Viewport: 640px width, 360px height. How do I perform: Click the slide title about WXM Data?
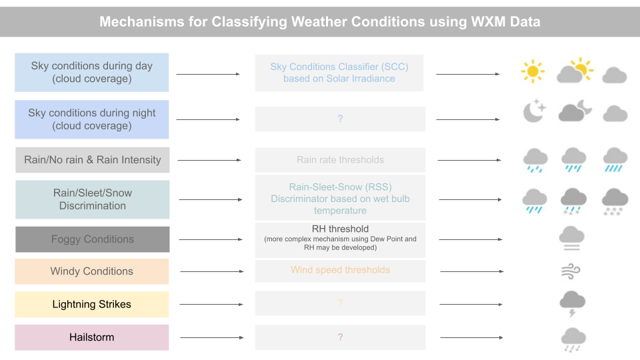pyautogui.click(x=320, y=21)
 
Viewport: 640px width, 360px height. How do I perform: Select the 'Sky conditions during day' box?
pyautogui.click(x=92, y=72)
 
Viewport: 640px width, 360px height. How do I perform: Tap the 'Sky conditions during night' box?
pyautogui.click(x=92, y=119)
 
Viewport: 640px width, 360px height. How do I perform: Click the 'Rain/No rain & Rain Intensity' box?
pyautogui.click(x=93, y=160)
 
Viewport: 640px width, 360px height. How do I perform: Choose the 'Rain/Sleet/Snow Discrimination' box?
pyautogui.click(x=93, y=199)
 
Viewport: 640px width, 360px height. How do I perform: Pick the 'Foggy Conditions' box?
pyautogui.click(x=93, y=239)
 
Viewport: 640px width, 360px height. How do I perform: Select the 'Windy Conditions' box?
pyautogui.click(x=92, y=271)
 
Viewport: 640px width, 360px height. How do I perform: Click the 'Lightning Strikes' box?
pyautogui.click(x=92, y=305)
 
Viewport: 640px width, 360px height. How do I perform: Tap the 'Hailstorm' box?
pyautogui.click(x=92, y=337)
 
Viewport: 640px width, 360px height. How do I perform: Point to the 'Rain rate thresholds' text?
pyautogui.click(x=340, y=160)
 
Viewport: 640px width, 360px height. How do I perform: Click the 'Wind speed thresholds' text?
pyautogui.click(x=340, y=270)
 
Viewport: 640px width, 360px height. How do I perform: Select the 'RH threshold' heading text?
pyautogui.click(x=340, y=229)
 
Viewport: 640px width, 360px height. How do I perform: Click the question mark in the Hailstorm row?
pyautogui.click(x=340, y=337)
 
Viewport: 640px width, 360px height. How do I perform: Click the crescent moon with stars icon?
pyautogui.click(x=533, y=111)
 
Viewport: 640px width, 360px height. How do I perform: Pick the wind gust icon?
pyautogui.click(x=572, y=271)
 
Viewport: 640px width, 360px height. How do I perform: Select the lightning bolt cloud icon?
pyautogui.click(x=573, y=303)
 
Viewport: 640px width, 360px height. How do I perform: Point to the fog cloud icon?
pyautogui.click(x=573, y=238)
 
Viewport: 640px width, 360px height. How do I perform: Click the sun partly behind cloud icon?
pyautogui.click(x=574, y=71)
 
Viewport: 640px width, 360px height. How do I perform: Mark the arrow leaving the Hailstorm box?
pyautogui.click(x=210, y=337)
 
